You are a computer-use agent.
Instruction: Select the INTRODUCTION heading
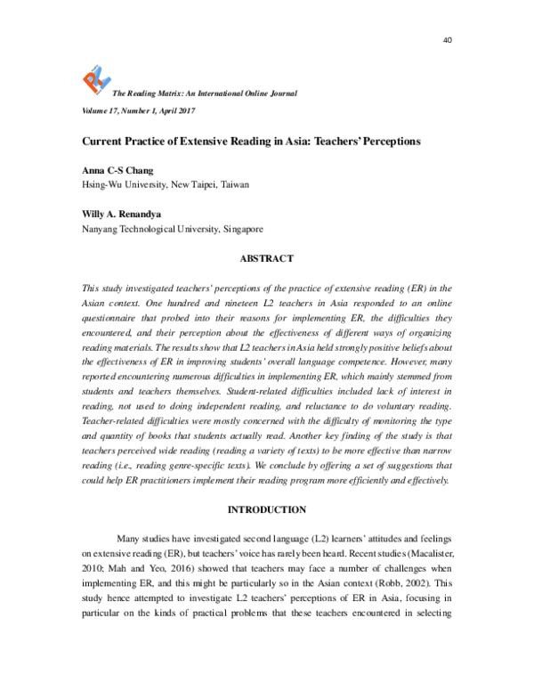tap(267, 510)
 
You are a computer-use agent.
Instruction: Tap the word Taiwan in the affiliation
tap(231, 184)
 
